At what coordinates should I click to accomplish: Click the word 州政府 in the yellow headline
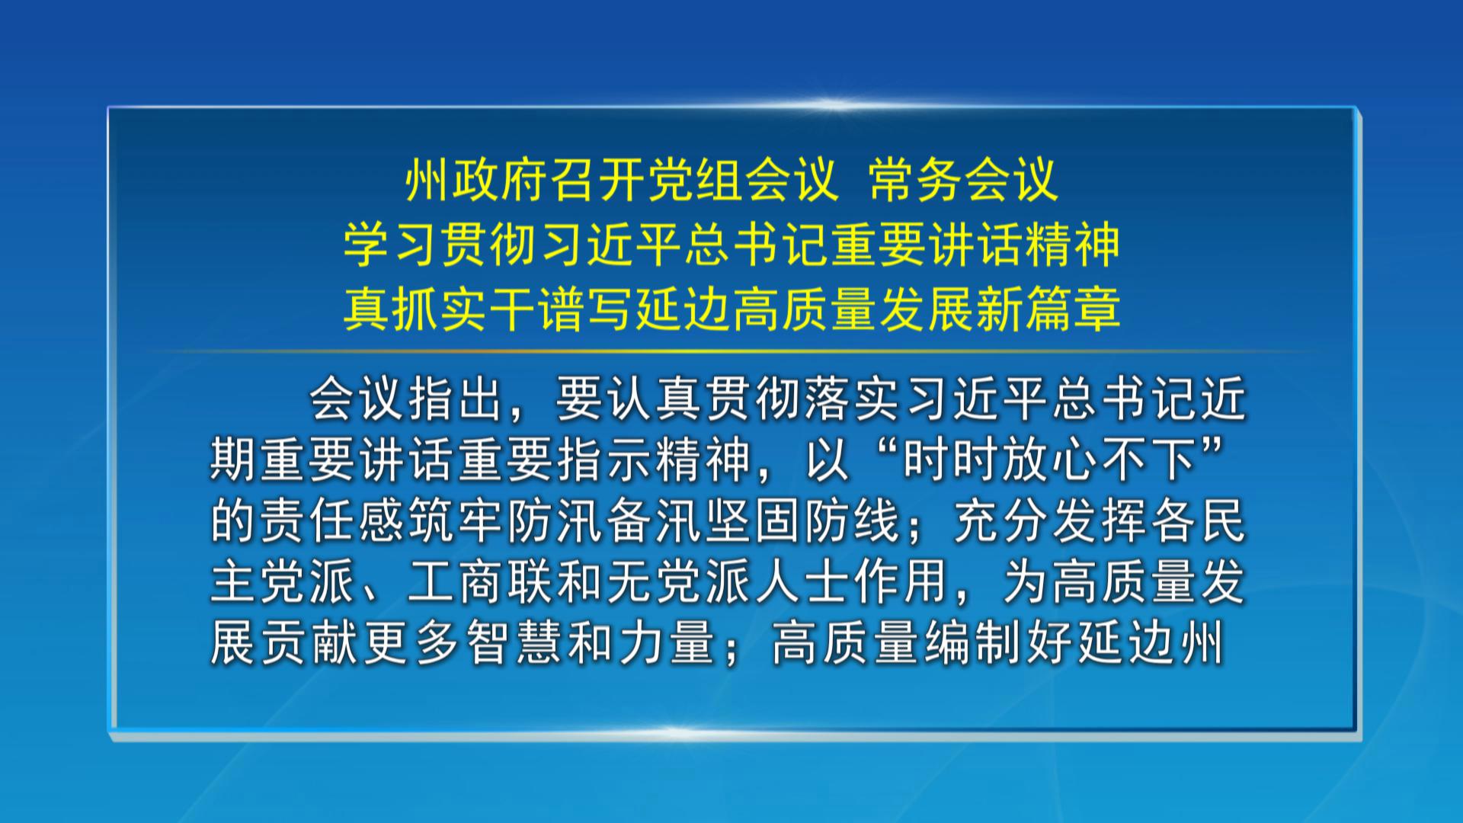coord(475,181)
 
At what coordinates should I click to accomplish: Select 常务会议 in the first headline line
coord(963,181)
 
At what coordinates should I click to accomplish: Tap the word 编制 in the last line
coord(972,642)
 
